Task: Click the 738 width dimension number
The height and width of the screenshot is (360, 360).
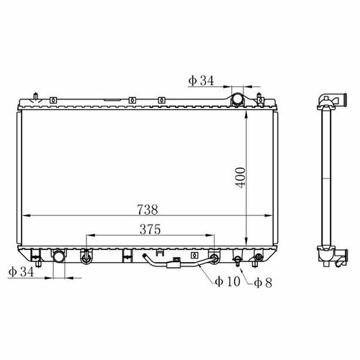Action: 148,210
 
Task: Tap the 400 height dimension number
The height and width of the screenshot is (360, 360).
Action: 240,178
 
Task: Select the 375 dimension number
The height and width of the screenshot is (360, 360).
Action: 150,230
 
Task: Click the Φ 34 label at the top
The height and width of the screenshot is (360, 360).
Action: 201,81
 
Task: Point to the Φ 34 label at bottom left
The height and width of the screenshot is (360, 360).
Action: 21,272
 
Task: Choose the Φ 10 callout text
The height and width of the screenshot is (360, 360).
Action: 228,282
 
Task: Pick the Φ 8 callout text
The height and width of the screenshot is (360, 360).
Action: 263,283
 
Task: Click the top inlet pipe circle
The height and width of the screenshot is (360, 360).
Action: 237,99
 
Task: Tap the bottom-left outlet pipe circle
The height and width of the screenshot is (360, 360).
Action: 58,256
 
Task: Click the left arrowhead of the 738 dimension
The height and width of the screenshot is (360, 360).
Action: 26,215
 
